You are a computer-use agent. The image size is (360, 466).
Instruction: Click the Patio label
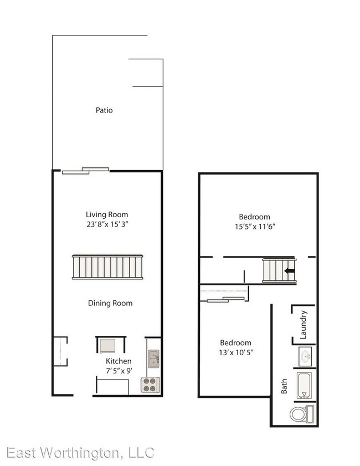(x=104, y=110)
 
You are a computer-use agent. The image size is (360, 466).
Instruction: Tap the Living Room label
(x=107, y=214)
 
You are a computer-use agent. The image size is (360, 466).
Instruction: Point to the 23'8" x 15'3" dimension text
(x=107, y=224)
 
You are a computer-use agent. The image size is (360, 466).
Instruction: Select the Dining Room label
(x=110, y=303)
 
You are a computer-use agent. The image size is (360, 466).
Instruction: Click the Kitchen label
(x=119, y=361)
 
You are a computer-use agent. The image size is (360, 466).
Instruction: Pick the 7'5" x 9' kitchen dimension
(x=119, y=371)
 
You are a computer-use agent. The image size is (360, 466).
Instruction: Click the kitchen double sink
(x=153, y=359)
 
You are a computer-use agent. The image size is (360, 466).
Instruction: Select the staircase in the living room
(x=109, y=267)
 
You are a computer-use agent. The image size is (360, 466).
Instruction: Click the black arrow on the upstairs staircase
(x=288, y=270)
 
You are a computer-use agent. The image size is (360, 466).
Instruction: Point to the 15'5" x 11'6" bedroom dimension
(x=254, y=226)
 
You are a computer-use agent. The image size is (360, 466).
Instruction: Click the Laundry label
(x=304, y=325)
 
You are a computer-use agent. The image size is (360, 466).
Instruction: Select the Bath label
(x=284, y=386)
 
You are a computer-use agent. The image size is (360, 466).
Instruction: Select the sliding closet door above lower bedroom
(x=225, y=300)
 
